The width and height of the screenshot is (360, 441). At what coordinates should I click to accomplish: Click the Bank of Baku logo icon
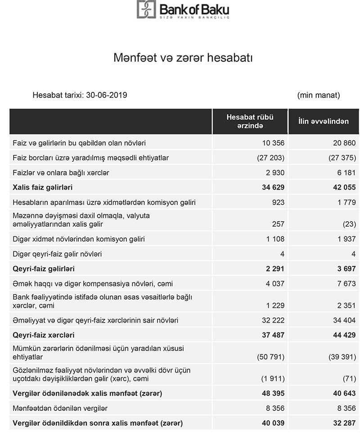coord(146,9)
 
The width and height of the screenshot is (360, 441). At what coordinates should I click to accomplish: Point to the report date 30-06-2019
coord(108,95)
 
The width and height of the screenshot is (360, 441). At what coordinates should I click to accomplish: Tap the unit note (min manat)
coord(319,95)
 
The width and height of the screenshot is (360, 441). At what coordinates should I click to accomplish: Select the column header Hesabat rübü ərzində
coord(250,121)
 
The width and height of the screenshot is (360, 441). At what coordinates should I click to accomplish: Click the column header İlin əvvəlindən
coord(324,121)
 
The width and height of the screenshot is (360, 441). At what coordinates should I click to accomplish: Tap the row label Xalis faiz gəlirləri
coord(43,187)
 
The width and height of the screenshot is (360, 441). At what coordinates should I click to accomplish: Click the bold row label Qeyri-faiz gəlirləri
coord(44,269)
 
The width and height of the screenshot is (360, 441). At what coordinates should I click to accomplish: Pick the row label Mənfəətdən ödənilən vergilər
coord(60,409)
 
